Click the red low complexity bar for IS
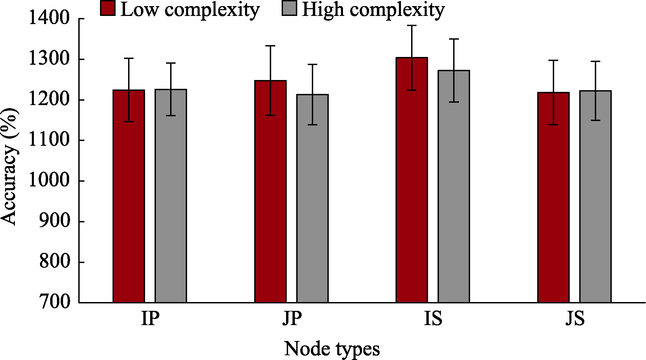coord(412,180)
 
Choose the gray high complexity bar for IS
coord(454,186)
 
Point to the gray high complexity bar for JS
coord(595,197)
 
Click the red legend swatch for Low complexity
coord(108,8)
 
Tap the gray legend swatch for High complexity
coord(289,8)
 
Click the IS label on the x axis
coord(433,319)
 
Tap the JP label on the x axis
coord(292,319)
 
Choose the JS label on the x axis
coord(575,319)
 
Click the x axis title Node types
coord(332,348)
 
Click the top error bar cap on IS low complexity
coord(412,25)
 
